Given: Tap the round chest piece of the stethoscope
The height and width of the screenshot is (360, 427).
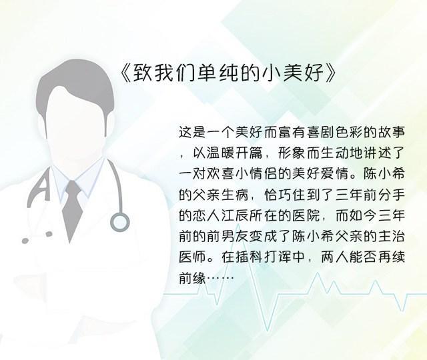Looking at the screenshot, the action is [x=119, y=222].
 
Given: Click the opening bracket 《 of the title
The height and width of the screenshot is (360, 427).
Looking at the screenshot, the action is [x=126, y=73].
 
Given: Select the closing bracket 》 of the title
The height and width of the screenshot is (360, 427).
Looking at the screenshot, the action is [x=331, y=73].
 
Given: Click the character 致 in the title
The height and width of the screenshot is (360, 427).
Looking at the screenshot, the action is [x=142, y=73].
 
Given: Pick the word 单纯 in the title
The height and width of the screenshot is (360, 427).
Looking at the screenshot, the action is [x=207, y=73].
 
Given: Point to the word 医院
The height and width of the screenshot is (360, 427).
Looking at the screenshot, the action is [x=306, y=216].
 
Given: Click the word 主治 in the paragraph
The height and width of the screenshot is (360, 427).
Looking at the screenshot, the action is [x=392, y=237].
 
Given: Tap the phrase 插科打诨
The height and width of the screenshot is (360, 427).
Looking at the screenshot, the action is [x=250, y=257].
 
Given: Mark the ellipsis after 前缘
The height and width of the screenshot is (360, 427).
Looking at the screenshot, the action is [x=221, y=278].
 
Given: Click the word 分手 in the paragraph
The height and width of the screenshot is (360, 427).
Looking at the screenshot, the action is [x=392, y=195].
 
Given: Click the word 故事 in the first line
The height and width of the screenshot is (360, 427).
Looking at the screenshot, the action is [x=392, y=133].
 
